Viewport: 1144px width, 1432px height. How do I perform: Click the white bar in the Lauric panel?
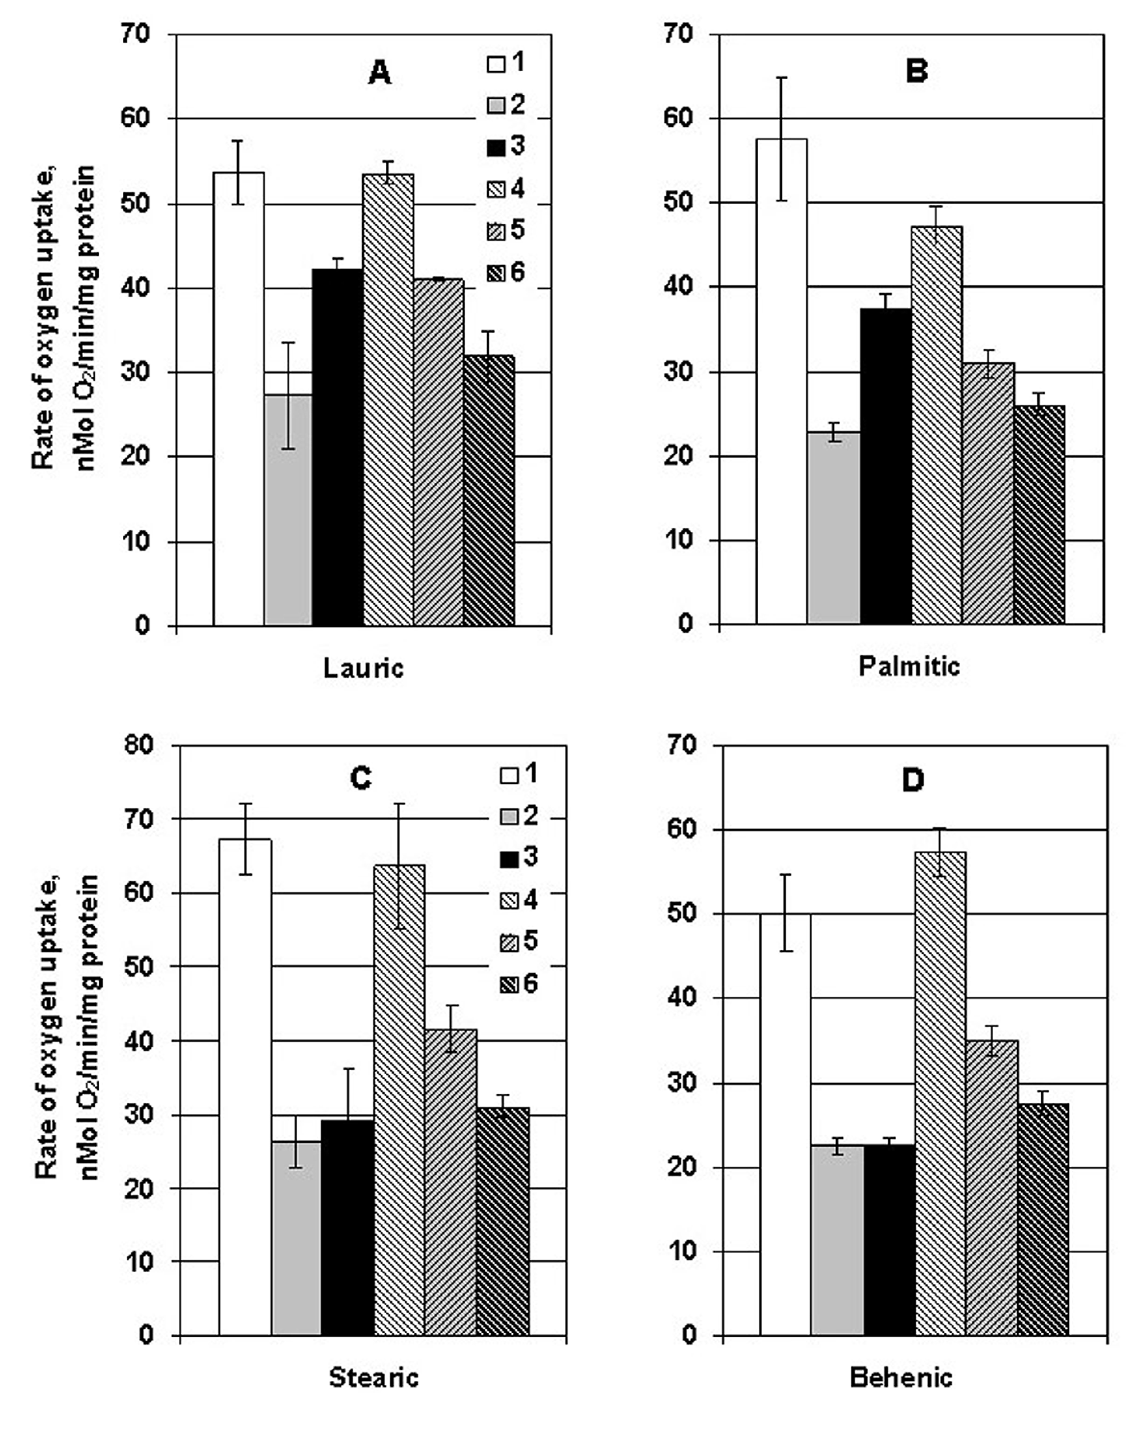pos(238,398)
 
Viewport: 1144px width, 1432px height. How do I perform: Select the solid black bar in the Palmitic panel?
pos(886,465)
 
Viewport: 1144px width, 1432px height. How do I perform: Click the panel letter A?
pos(379,73)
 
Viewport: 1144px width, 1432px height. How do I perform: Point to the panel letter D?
pos(913,780)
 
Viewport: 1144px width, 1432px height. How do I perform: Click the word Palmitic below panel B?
pos(909,666)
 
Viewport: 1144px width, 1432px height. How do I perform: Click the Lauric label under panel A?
pos(363,667)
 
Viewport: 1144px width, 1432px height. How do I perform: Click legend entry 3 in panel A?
pos(506,146)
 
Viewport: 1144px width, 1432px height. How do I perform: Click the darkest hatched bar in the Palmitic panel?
pos(1039,515)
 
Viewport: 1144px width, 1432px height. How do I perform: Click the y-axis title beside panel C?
pos(66,1026)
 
